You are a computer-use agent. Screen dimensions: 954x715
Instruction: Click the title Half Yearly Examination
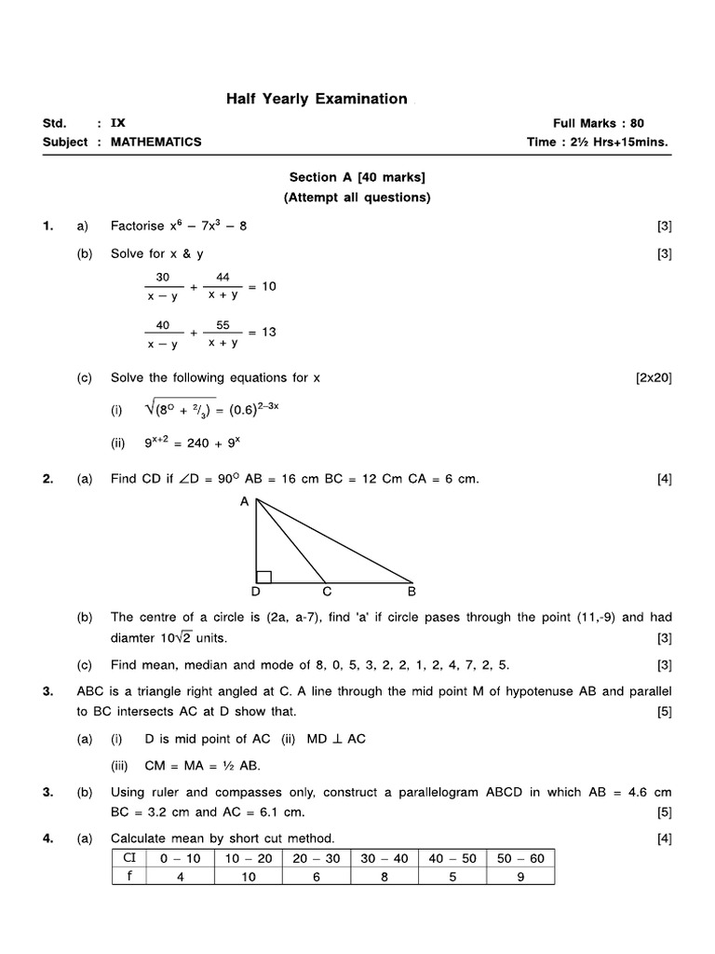pos(317,99)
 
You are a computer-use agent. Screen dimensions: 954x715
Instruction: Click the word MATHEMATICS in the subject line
pos(155,143)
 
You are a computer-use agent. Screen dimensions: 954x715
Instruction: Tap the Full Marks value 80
pos(636,123)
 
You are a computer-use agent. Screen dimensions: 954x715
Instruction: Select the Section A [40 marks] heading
pos(357,177)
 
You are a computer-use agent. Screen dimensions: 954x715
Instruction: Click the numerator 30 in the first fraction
pos(163,277)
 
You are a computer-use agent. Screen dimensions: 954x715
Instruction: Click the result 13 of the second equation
pos(268,332)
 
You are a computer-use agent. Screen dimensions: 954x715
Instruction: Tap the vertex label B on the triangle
pos(411,592)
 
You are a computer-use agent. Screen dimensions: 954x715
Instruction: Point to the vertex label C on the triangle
pos(327,592)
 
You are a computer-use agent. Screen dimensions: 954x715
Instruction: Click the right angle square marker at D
pos(263,577)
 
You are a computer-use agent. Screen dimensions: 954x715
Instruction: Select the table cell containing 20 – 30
pos(317,858)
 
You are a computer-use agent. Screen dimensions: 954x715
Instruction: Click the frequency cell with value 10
pos(248,876)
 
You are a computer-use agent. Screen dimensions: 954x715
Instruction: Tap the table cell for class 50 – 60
pos(520,858)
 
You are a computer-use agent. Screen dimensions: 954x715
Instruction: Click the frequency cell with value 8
pos(384,876)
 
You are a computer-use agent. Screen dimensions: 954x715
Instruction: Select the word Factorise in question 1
pos(138,226)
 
